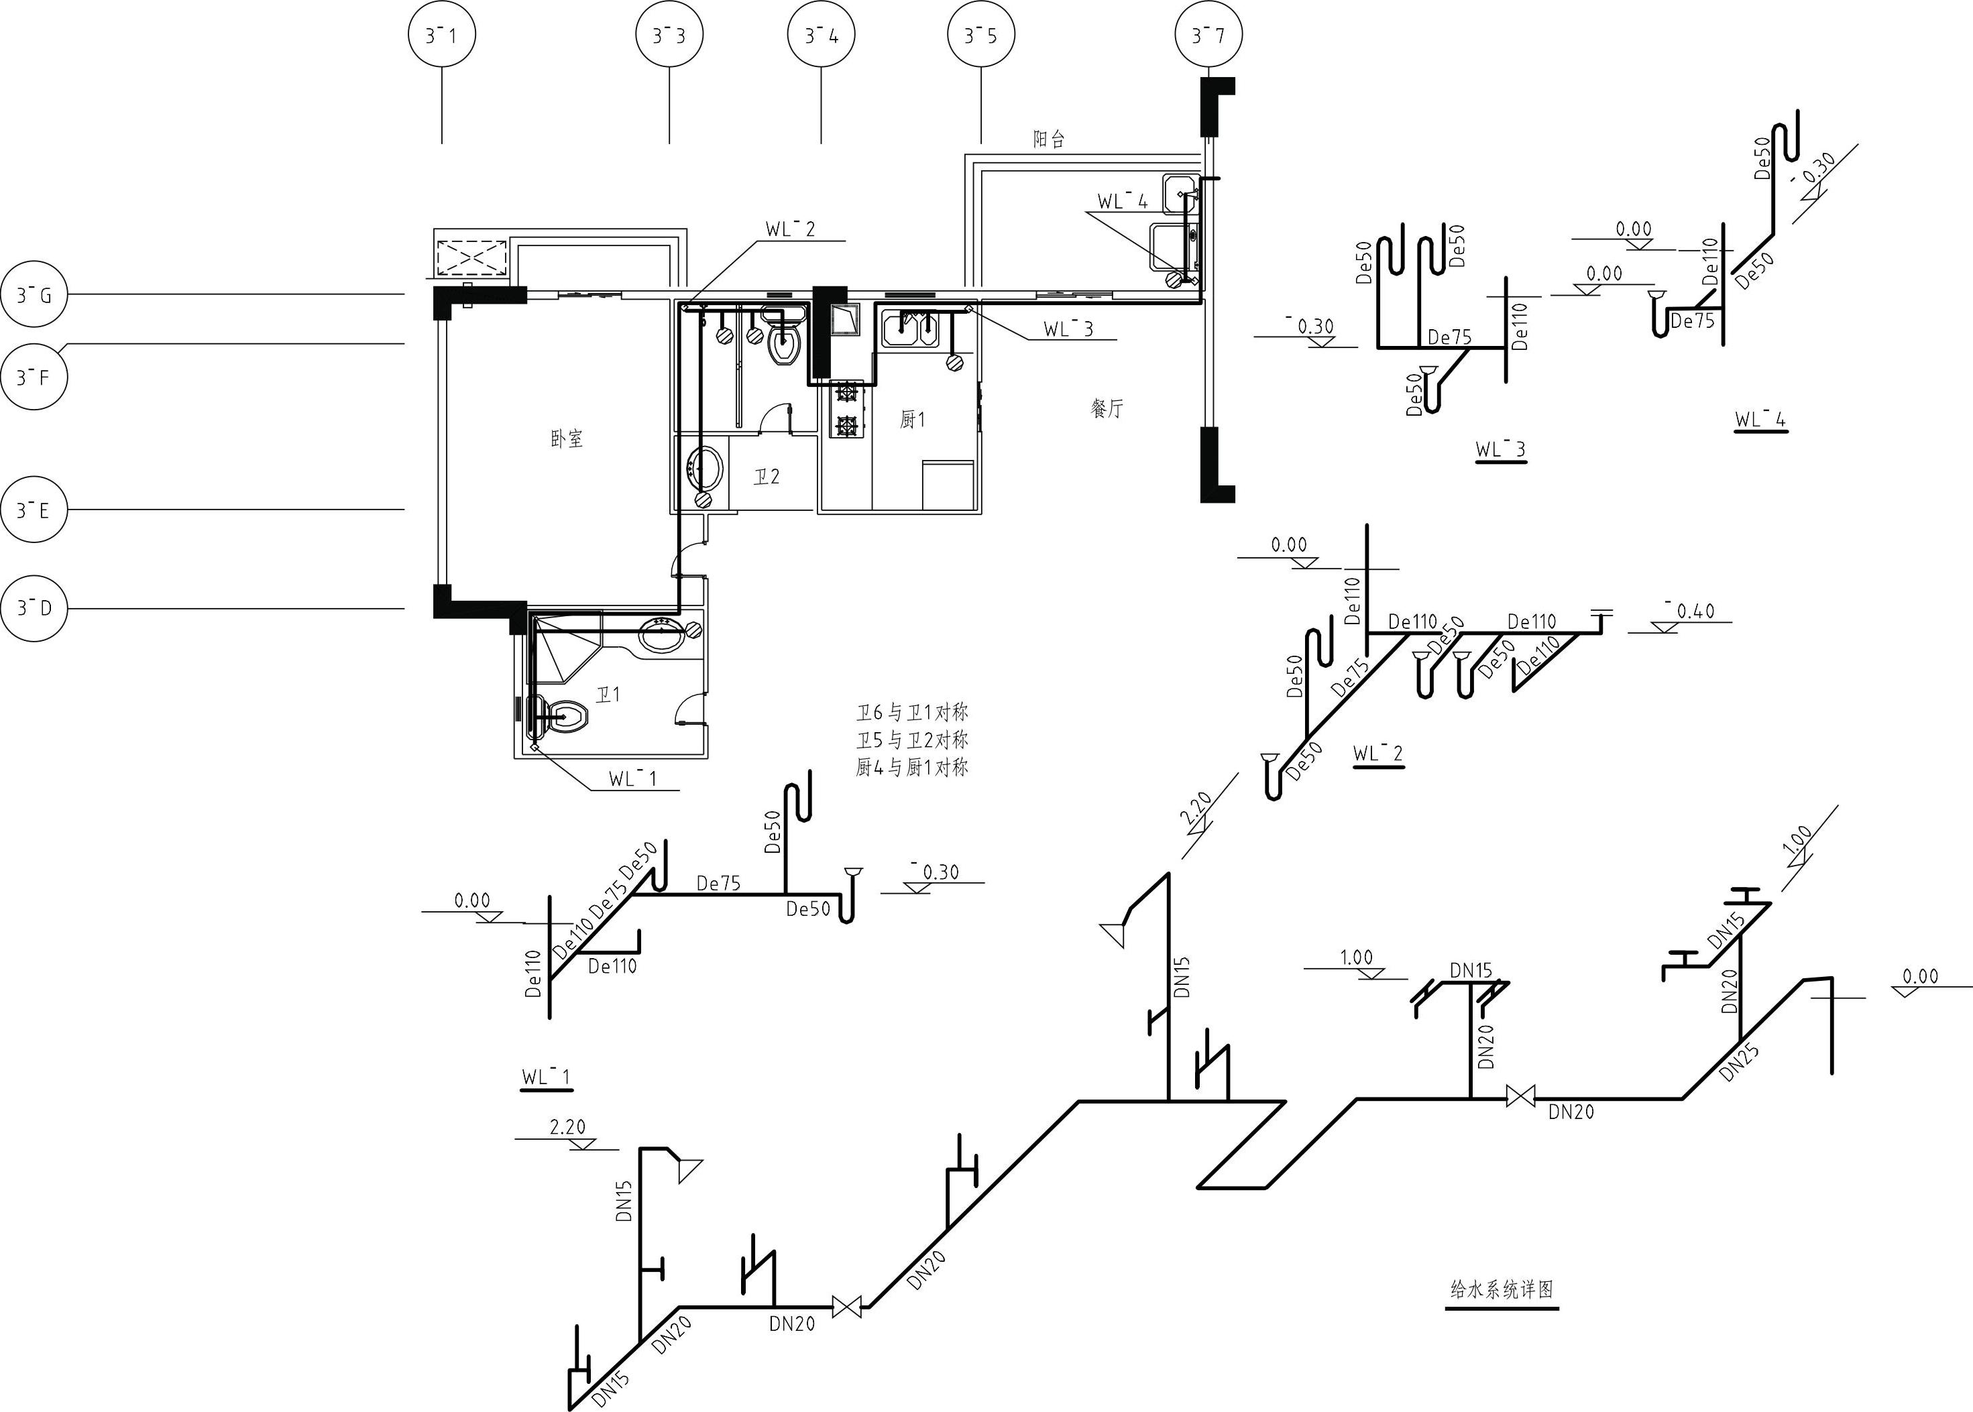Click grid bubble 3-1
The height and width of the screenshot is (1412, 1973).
[x=442, y=36]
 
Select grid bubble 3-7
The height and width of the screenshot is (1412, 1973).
[x=1208, y=36]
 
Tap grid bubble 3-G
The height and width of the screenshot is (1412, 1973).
[x=34, y=295]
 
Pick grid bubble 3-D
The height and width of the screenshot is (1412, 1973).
[x=34, y=607]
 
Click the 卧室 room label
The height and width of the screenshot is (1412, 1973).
[x=567, y=439]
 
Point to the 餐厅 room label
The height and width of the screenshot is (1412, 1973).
[x=1107, y=408]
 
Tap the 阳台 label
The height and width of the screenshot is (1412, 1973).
[x=1049, y=139]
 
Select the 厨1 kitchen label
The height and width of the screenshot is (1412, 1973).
[x=912, y=420]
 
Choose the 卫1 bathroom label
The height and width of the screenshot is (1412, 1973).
[x=608, y=695]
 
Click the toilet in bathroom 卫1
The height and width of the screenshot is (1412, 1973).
[x=561, y=717]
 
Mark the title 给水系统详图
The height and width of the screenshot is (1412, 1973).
[x=1502, y=1289]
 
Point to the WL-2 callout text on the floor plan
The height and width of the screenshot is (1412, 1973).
[x=791, y=229]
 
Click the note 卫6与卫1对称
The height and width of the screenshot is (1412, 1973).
[x=911, y=713]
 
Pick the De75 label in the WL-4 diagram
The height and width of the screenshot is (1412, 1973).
[x=1692, y=322]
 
